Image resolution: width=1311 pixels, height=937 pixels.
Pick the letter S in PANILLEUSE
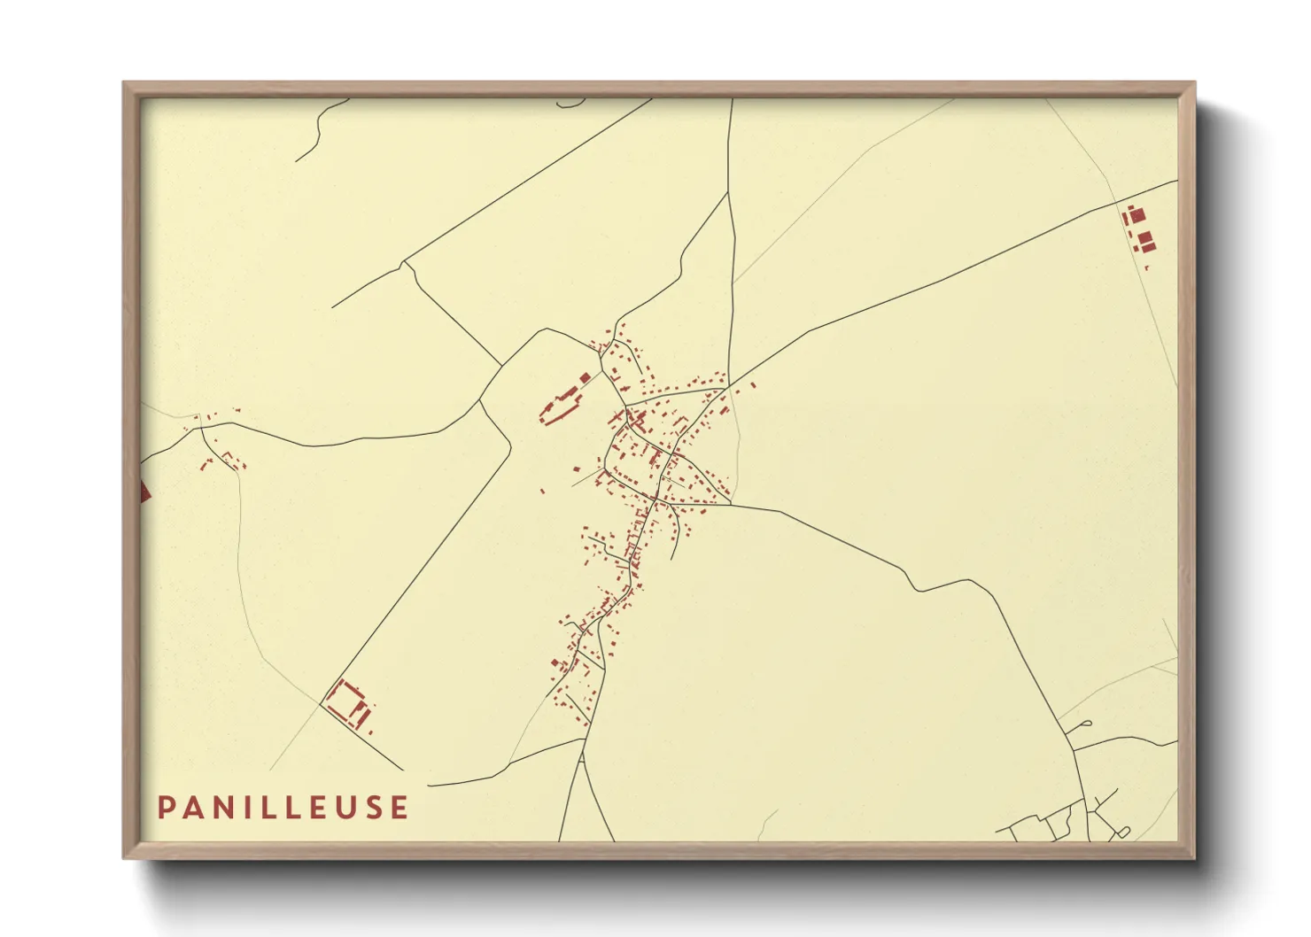tap(368, 808)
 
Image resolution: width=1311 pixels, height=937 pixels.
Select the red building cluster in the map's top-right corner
tap(1139, 228)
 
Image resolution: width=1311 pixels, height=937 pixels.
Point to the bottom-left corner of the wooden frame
tap(125, 857)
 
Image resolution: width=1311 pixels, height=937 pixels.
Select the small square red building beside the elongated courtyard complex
tap(585, 378)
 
